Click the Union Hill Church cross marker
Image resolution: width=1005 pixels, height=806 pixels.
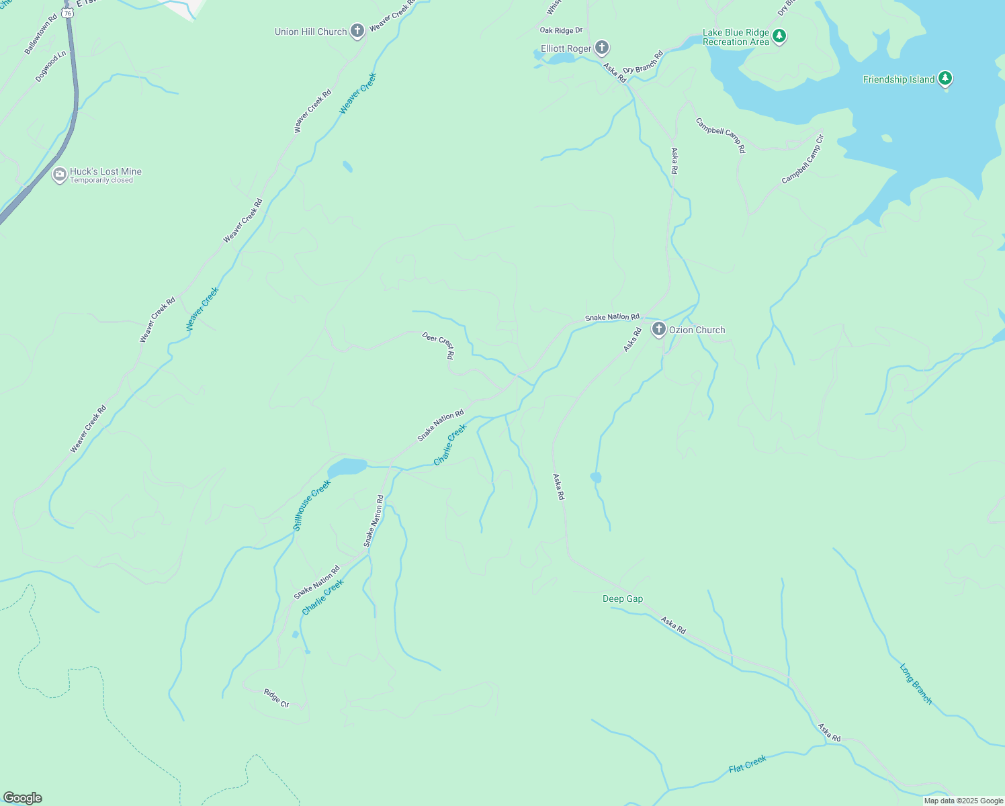357,31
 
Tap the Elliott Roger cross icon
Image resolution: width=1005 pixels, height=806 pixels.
602,48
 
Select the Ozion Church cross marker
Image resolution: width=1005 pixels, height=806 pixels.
658,329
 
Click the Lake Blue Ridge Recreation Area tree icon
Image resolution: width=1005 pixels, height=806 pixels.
779,36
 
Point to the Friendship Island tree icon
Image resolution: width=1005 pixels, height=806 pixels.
945,79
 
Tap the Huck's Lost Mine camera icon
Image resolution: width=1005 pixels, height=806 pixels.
59,175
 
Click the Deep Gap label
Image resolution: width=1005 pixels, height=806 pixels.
623,598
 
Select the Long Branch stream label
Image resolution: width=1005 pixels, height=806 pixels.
916,684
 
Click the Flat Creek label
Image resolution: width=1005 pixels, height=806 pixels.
748,764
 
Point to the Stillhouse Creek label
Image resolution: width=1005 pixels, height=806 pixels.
312,505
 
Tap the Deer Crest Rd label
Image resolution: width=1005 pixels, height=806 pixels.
439,345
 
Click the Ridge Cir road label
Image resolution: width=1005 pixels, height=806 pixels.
276,699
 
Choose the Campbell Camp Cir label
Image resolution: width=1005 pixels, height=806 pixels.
802,160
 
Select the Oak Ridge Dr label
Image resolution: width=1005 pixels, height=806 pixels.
561,30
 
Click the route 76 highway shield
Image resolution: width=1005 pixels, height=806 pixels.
68,13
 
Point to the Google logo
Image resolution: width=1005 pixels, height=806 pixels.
23,798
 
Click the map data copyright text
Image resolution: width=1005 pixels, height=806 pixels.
963,801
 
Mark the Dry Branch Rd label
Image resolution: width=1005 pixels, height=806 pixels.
643,62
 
